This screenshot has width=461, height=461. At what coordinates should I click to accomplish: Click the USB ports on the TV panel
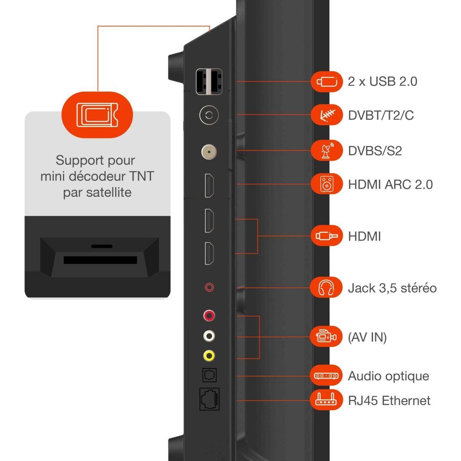tap(209, 81)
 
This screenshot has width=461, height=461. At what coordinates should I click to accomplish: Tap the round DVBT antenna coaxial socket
tap(209, 115)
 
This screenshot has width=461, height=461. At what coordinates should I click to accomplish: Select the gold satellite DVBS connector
tap(209, 151)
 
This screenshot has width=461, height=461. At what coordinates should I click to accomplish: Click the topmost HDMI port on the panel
tap(209, 186)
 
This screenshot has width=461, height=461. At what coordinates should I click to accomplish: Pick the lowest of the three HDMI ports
tap(209, 254)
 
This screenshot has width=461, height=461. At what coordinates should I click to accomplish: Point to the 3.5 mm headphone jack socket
tap(209, 287)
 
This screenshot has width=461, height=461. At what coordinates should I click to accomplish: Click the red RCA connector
tap(209, 316)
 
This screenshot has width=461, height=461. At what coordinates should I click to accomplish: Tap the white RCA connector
tap(209, 336)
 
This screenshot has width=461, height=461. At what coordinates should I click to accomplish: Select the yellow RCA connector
tap(209, 356)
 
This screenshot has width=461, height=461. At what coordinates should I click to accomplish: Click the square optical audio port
tap(209, 375)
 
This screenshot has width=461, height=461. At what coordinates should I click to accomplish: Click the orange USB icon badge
tap(327, 81)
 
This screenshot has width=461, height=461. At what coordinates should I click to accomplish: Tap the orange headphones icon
tap(327, 287)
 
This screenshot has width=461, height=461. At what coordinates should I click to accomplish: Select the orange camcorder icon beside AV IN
tap(327, 337)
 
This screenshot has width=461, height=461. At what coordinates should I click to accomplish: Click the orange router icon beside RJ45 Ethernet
tap(327, 400)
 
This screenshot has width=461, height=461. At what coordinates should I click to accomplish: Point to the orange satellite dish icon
tap(327, 150)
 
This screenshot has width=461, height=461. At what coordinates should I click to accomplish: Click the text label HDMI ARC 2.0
tap(390, 184)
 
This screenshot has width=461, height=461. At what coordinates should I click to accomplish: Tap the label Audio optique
tap(388, 376)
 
